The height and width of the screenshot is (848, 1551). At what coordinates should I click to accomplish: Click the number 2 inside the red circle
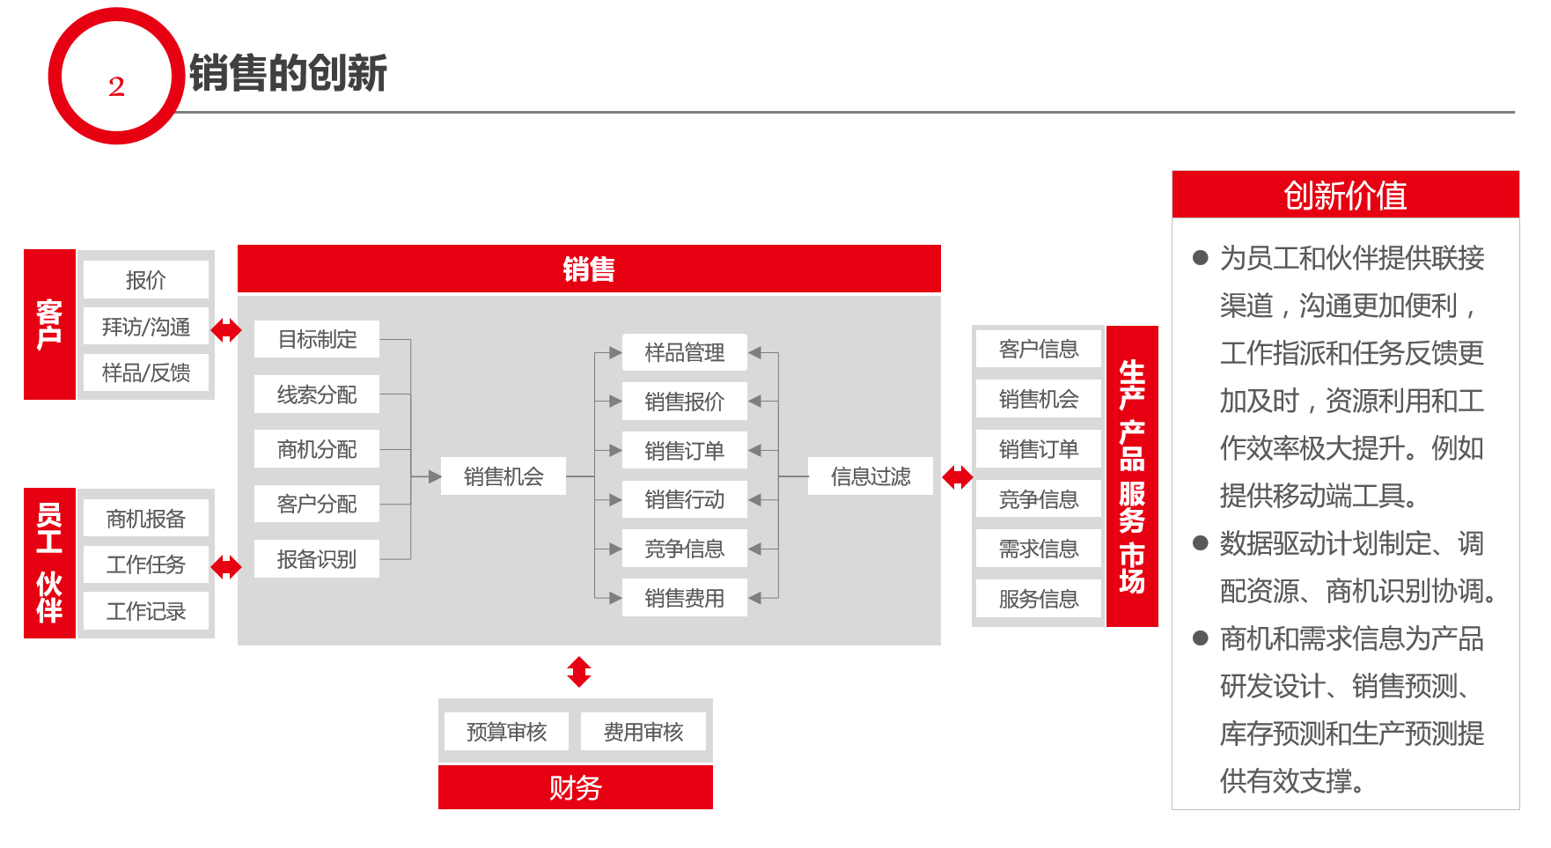(x=116, y=86)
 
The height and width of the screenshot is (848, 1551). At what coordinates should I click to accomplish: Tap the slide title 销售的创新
(x=288, y=72)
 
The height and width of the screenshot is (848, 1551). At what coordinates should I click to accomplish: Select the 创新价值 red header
(x=1345, y=195)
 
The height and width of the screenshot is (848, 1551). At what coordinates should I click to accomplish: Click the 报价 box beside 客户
(x=146, y=280)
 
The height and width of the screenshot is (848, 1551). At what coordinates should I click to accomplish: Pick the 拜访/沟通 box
(x=146, y=327)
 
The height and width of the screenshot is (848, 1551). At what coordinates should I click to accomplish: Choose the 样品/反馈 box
(x=146, y=372)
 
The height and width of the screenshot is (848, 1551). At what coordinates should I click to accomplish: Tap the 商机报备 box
(x=146, y=519)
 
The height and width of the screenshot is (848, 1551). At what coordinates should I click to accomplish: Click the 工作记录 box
(x=146, y=611)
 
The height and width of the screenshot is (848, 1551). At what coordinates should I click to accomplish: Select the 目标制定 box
(x=317, y=339)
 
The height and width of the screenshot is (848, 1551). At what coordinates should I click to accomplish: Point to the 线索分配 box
(x=317, y=395)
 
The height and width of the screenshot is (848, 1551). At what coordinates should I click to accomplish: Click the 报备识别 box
(x=317, y=559)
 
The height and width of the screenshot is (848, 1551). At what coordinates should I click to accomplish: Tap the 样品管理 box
(x=685, y=352)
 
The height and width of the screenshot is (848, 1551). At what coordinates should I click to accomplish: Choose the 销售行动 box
(x=685, y=499)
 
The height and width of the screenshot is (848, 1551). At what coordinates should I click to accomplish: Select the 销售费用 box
(x=685, y=598)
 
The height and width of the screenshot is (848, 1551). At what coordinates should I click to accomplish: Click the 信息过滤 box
(x=871, y=476)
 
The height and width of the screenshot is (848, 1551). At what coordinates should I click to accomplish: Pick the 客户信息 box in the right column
(x=1039, y=349)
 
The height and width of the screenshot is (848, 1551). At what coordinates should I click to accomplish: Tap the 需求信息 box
(x=1039, y=549)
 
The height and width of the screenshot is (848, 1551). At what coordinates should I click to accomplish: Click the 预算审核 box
(x=507, y=732)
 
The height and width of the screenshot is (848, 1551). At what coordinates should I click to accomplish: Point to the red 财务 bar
(x=576, y=787)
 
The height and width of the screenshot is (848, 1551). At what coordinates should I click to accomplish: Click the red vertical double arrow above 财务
(x=579, y=672)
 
